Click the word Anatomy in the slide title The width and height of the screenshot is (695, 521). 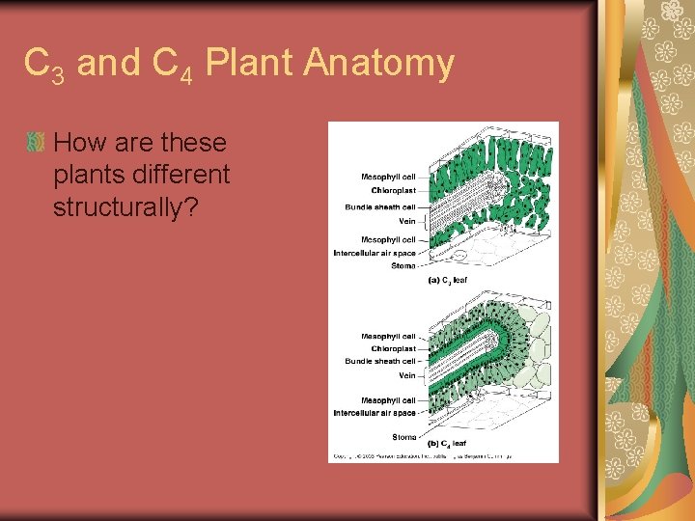tap(378, 64)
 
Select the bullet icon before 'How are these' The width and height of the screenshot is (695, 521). tap(36, 143)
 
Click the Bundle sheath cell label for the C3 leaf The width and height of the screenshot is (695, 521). tap(380, 206)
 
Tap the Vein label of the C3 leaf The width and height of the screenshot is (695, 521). tap(406, 221)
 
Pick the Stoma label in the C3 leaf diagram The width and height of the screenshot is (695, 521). tap(403, 265)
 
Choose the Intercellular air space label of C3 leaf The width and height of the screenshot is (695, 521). tap(375, 253)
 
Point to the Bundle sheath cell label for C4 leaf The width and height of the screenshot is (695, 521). tap(380, 361)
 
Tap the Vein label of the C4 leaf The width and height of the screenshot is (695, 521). tap(406, 375)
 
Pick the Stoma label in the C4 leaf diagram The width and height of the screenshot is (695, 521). tap(403, 437)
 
